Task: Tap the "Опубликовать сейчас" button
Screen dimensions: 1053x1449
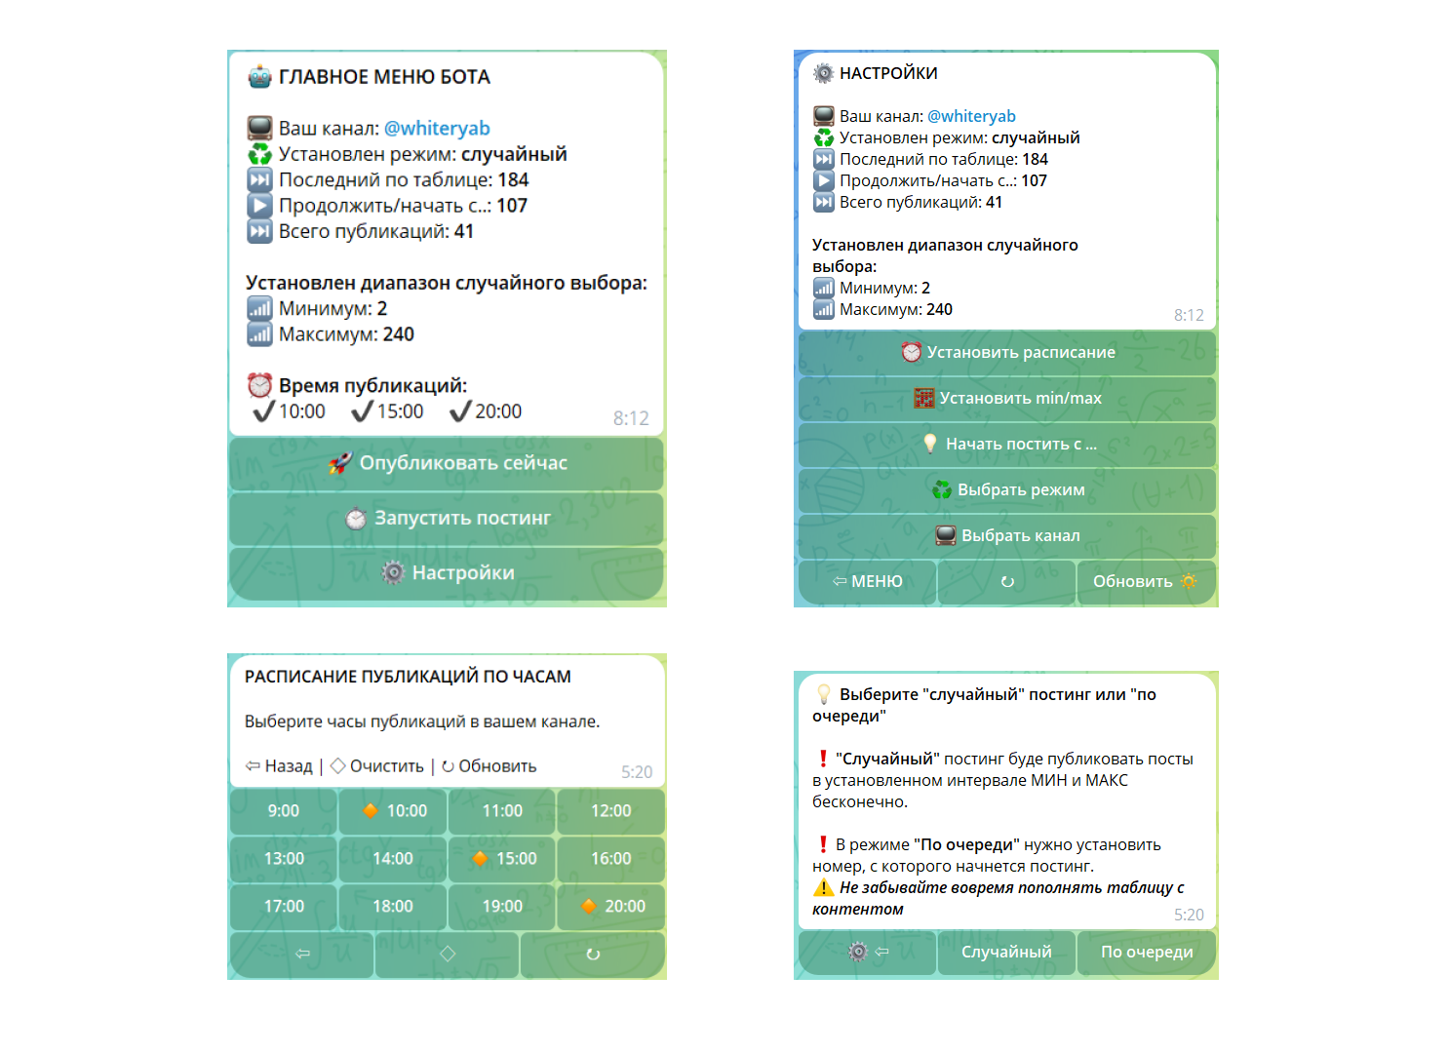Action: [447, 463]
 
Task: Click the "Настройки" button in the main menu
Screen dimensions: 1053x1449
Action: [447, 573]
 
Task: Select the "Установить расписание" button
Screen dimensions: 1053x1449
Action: [1007, 353]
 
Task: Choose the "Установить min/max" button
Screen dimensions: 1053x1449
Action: [1007, 399]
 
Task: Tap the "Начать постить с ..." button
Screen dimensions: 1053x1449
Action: [1007, 445]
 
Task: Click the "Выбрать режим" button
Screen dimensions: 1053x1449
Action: [1007, 490]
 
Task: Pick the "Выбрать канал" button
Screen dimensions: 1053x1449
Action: [1007, 536]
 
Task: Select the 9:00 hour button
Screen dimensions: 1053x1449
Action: [284, 811]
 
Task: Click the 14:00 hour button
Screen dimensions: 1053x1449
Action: [393, 859]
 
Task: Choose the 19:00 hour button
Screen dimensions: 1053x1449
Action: [502, 907]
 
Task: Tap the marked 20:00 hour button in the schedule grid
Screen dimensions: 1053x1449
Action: [611, 907]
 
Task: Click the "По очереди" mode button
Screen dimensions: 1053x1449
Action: [1147, 953]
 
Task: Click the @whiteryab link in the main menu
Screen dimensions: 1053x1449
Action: [437, 129]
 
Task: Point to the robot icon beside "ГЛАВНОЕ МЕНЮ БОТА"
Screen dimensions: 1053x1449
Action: [259, 77]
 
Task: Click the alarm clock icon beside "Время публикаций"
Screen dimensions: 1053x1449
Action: [259, 385]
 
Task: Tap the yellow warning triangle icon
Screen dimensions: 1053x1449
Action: [824, 888]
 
